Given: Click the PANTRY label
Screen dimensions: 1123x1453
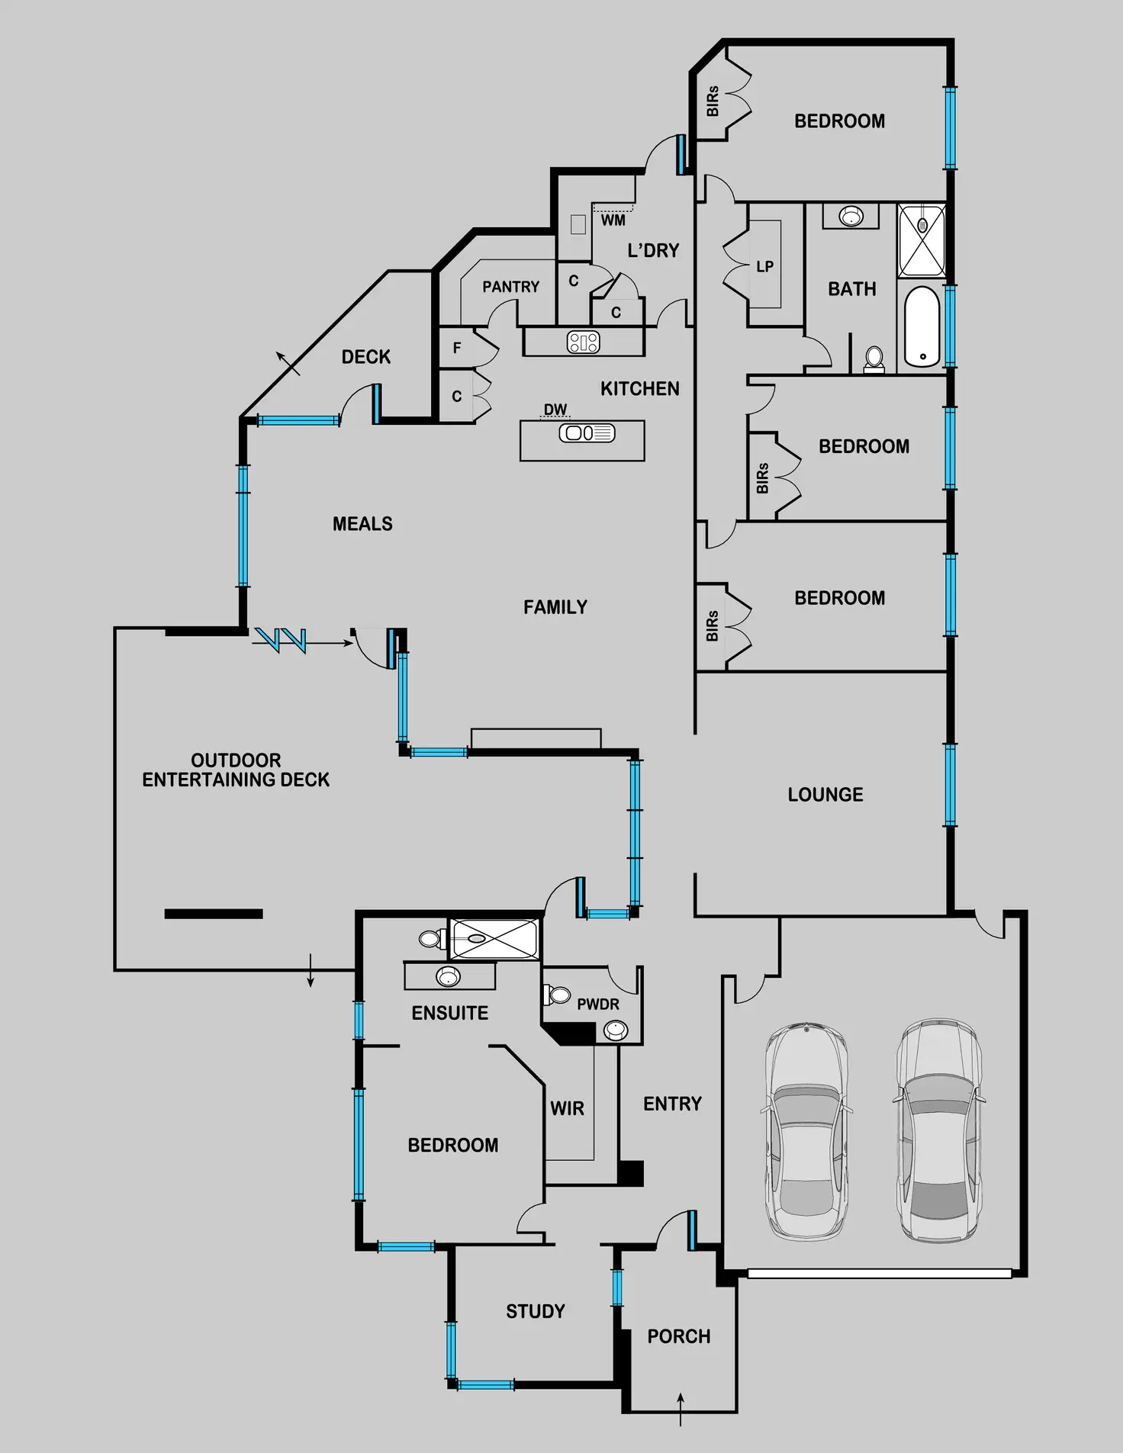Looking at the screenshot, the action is pyautogui.click(x=510, y=287).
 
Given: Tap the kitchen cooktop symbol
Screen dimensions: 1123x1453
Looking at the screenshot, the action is pyautogui.click(x=584, y=342).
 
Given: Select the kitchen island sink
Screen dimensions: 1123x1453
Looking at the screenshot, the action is pyautogui.click(x=587, y=433).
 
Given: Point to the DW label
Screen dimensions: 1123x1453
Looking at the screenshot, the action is pyautogui.click(x=555, y=410).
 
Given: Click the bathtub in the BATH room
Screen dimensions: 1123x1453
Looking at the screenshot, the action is pyautogui.click(x=922, y=326).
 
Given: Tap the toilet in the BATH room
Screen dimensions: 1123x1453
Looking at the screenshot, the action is pyautogui.click(x=874, y=358).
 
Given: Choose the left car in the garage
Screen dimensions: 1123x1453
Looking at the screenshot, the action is pyautogui.click(x=806, y=1131).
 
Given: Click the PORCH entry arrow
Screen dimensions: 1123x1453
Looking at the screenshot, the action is pyautogui.click(x=681, y=1408).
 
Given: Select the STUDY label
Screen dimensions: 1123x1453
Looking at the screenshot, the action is pyautogui.click(x=536, y=1311).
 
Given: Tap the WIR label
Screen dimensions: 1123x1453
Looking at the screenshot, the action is pyautogui.click(x=568, y=1108).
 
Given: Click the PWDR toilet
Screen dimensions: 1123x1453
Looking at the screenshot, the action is pyautogui.click(x=557, y=995).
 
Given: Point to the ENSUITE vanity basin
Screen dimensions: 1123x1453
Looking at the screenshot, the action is pyautogui.click(x=448, y=976).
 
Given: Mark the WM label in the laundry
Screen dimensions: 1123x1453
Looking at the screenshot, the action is pyautogui.click(x=613, y=220).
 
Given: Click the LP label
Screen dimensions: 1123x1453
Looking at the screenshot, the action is pyautogui.click(x=764, y=266).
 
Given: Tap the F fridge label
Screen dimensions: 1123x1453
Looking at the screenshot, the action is pyautogui.click(x=457, y=348).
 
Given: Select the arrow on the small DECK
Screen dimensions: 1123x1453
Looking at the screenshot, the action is pyautogui.click(x=288, y=363).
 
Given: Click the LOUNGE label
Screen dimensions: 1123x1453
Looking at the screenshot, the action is pyautogui.click(x=825, y=794).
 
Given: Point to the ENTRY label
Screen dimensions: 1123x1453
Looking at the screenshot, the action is pyautogui.click(x=672, y=1104).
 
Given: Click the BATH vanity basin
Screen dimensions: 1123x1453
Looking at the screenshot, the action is pyautogui.click(x=851, y=216).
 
